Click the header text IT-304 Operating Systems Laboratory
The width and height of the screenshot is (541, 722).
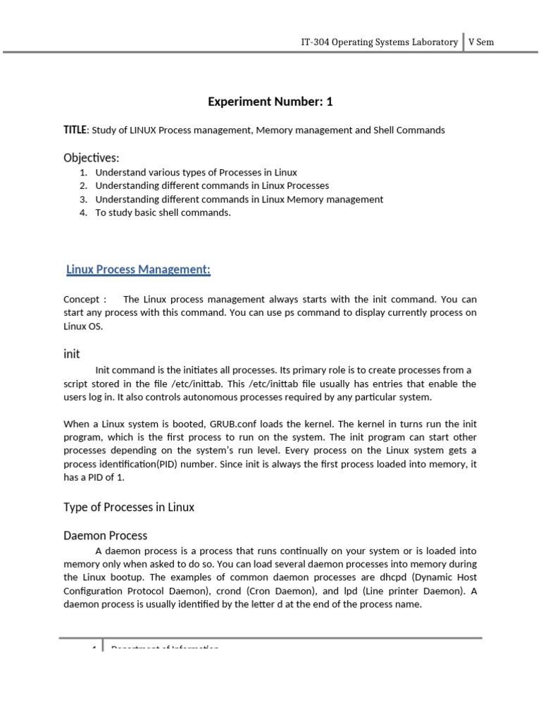(379, 42)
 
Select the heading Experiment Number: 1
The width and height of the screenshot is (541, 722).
(270, 102)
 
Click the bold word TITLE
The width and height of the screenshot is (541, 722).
(75, 130)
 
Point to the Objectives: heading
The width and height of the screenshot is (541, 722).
(92, 157)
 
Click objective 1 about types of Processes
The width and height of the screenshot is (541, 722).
(196, 173)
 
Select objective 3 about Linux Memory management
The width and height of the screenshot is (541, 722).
(239, 200)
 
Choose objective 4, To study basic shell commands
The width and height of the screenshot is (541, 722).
(163, 213)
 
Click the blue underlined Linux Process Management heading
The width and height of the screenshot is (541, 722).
(138, 269)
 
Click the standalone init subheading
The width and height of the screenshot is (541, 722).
(72, 353)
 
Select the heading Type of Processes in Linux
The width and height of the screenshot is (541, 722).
(129, 507)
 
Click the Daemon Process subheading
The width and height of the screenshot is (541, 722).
(105, 536)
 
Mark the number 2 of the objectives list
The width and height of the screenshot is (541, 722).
(82, 186)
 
